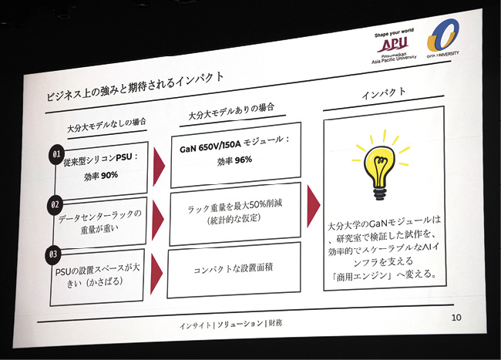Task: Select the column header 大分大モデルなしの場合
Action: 106,123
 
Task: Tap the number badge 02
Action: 55,206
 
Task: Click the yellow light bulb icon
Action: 381,165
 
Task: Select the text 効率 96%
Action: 233,160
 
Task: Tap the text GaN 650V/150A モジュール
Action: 234,142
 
